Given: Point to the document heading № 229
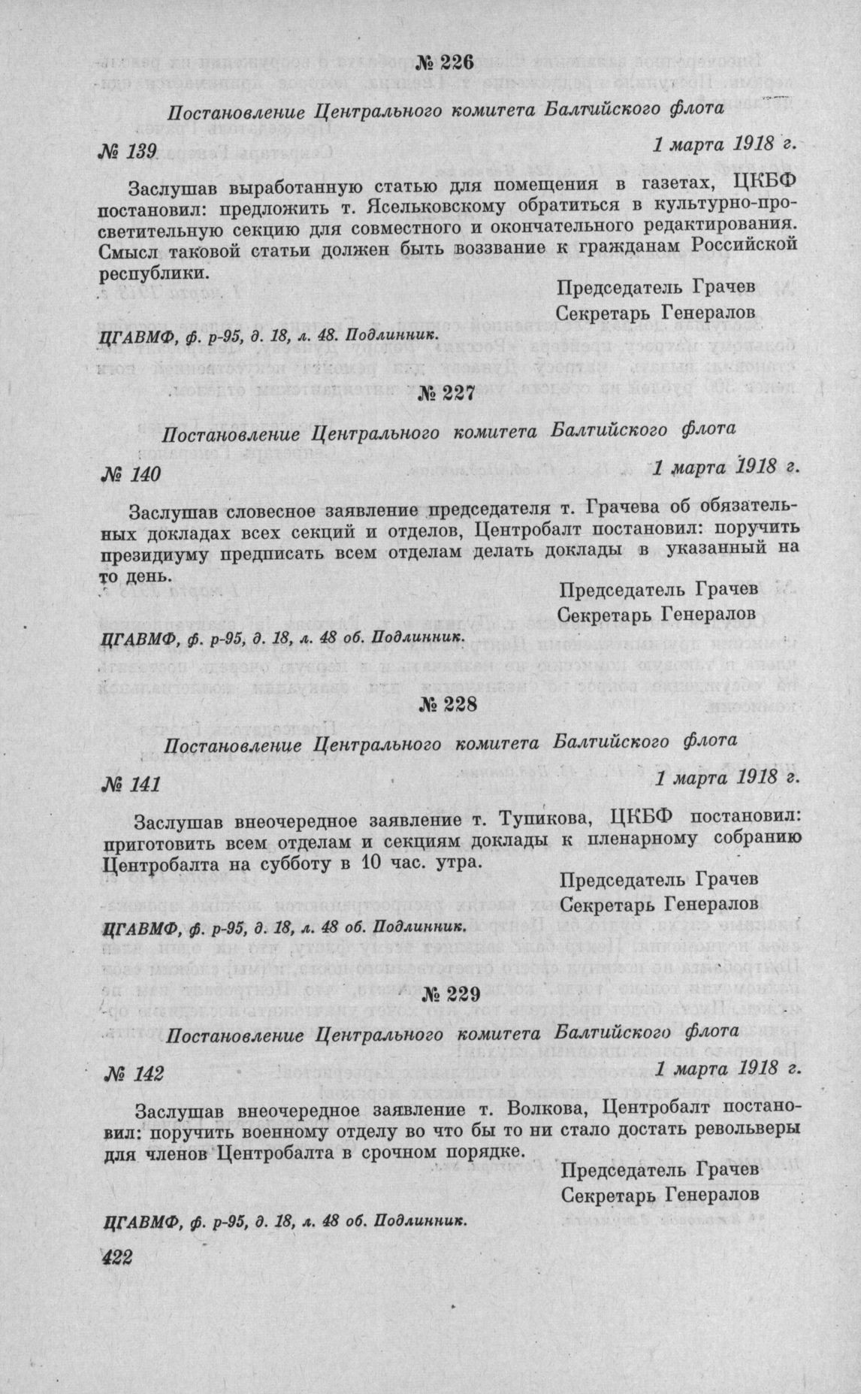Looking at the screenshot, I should coord(446,994).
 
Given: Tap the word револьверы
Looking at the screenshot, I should coord(730,1129).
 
